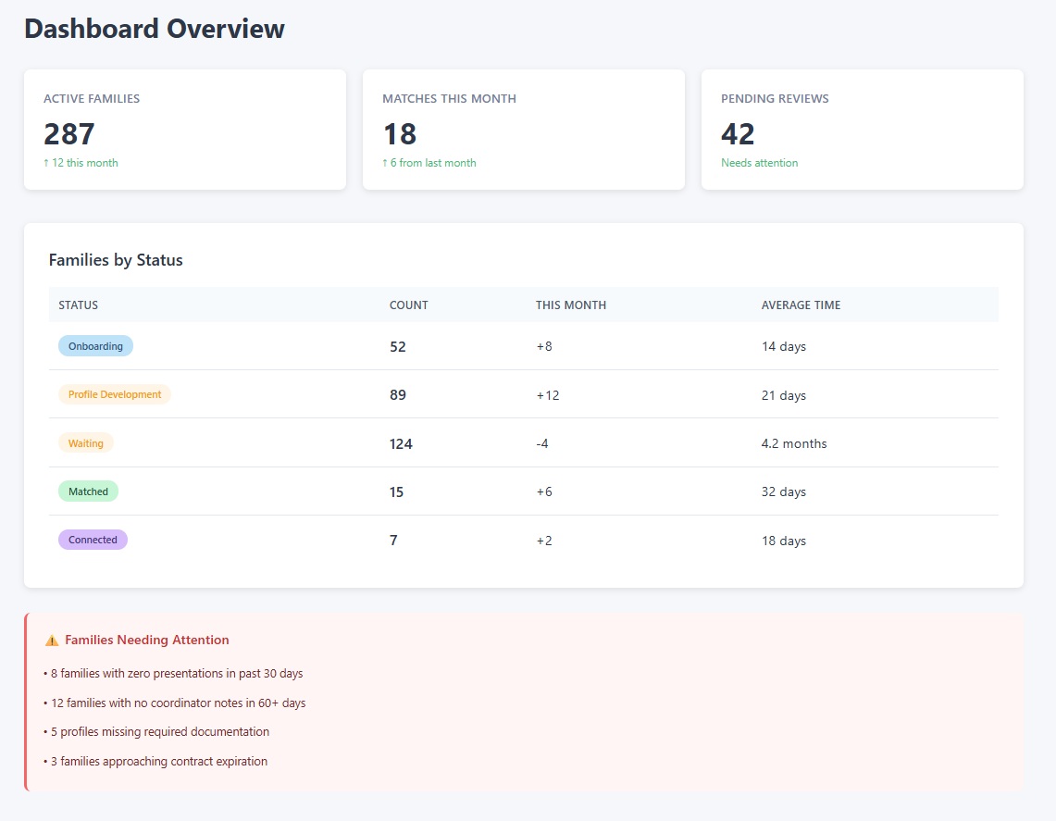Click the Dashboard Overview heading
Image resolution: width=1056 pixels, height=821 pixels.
[x=154, y=29]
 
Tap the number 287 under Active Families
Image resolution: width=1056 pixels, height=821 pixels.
[x=69, y=134]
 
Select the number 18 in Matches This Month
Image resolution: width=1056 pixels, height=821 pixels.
[x=400, y=134]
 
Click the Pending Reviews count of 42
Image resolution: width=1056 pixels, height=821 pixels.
[x=738, y=134]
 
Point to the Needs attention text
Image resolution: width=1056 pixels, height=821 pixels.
[x=759, y=163]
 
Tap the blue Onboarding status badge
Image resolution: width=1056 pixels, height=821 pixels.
[x=95, y=346]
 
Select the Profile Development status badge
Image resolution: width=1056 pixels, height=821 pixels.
[x=115, y=394]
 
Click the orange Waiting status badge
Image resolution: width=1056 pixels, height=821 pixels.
[x=86, y=443]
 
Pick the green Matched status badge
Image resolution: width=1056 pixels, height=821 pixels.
[x=88, y=491]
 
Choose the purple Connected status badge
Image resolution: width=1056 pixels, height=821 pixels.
[x=93, y=540]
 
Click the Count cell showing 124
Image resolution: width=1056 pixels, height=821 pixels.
[x=401, y=443]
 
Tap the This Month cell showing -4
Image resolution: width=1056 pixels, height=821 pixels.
[x=542, y=443]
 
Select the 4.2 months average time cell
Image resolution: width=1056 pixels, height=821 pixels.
[x=794, y=443]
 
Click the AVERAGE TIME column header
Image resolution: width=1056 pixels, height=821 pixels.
[x=801, y=305]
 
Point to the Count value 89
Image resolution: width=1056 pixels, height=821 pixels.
[x=398, y=395]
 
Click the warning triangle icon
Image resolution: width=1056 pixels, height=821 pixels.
[x=52, y=641]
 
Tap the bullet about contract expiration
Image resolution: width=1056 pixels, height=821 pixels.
[x=157, y=762]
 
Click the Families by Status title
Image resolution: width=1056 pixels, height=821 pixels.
[x=116, y=260]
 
